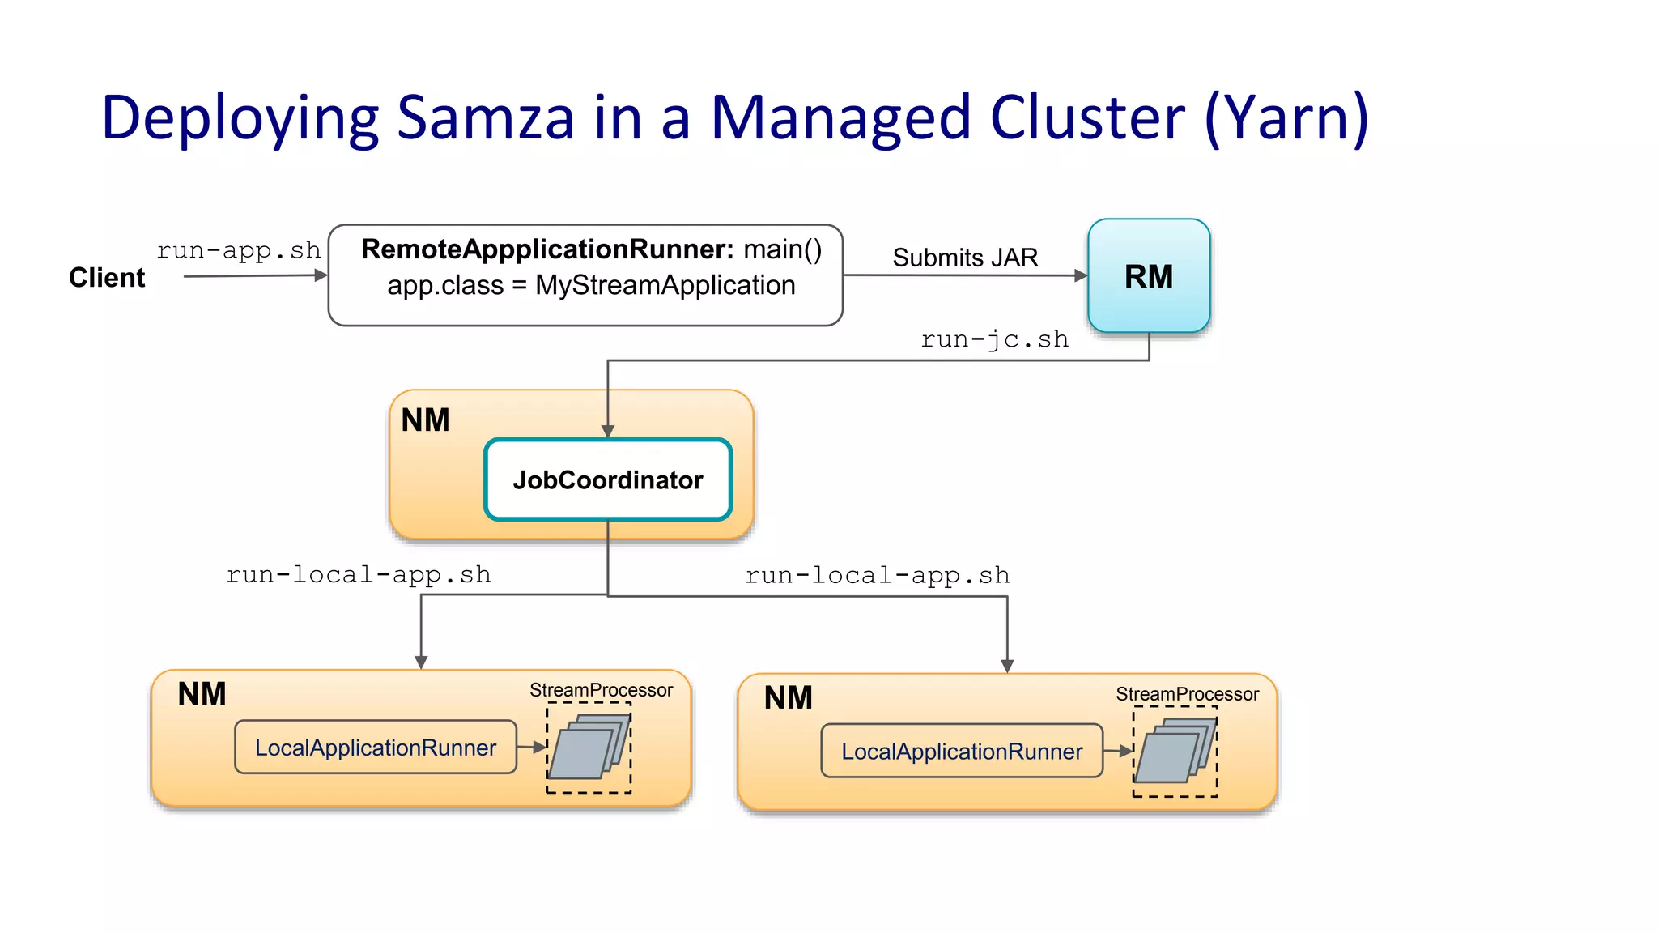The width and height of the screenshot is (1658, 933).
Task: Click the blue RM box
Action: tap(1148, 276)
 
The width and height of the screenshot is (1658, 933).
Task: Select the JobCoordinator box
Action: tap(608, 479)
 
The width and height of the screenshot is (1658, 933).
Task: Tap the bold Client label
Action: tap(107, 277)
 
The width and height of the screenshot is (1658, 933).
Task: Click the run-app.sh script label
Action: tap(238, 250)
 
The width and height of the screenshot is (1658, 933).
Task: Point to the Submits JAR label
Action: tap(964, 258)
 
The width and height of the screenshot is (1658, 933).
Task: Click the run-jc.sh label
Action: tap(994, 339)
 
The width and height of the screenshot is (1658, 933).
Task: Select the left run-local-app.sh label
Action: tap(358, 575)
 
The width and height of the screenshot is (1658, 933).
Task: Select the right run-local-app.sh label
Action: tap(877, 576)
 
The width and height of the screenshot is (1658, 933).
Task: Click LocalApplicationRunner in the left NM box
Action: tap(375, 748)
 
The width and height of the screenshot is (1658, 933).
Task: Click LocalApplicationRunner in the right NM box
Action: tap(961, 752)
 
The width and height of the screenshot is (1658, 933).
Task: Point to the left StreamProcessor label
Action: tap(601, 690)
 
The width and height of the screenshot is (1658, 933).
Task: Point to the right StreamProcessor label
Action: tap(1187, 694)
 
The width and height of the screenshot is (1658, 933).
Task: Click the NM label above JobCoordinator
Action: tap(425, 420)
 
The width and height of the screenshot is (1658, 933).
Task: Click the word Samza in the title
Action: tap(486, 118)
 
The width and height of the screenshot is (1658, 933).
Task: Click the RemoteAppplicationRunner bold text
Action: tap(547, 249)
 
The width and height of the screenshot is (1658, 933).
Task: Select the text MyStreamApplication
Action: tap(665, 285)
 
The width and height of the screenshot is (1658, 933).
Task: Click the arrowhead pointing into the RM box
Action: tap(1081, 275)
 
